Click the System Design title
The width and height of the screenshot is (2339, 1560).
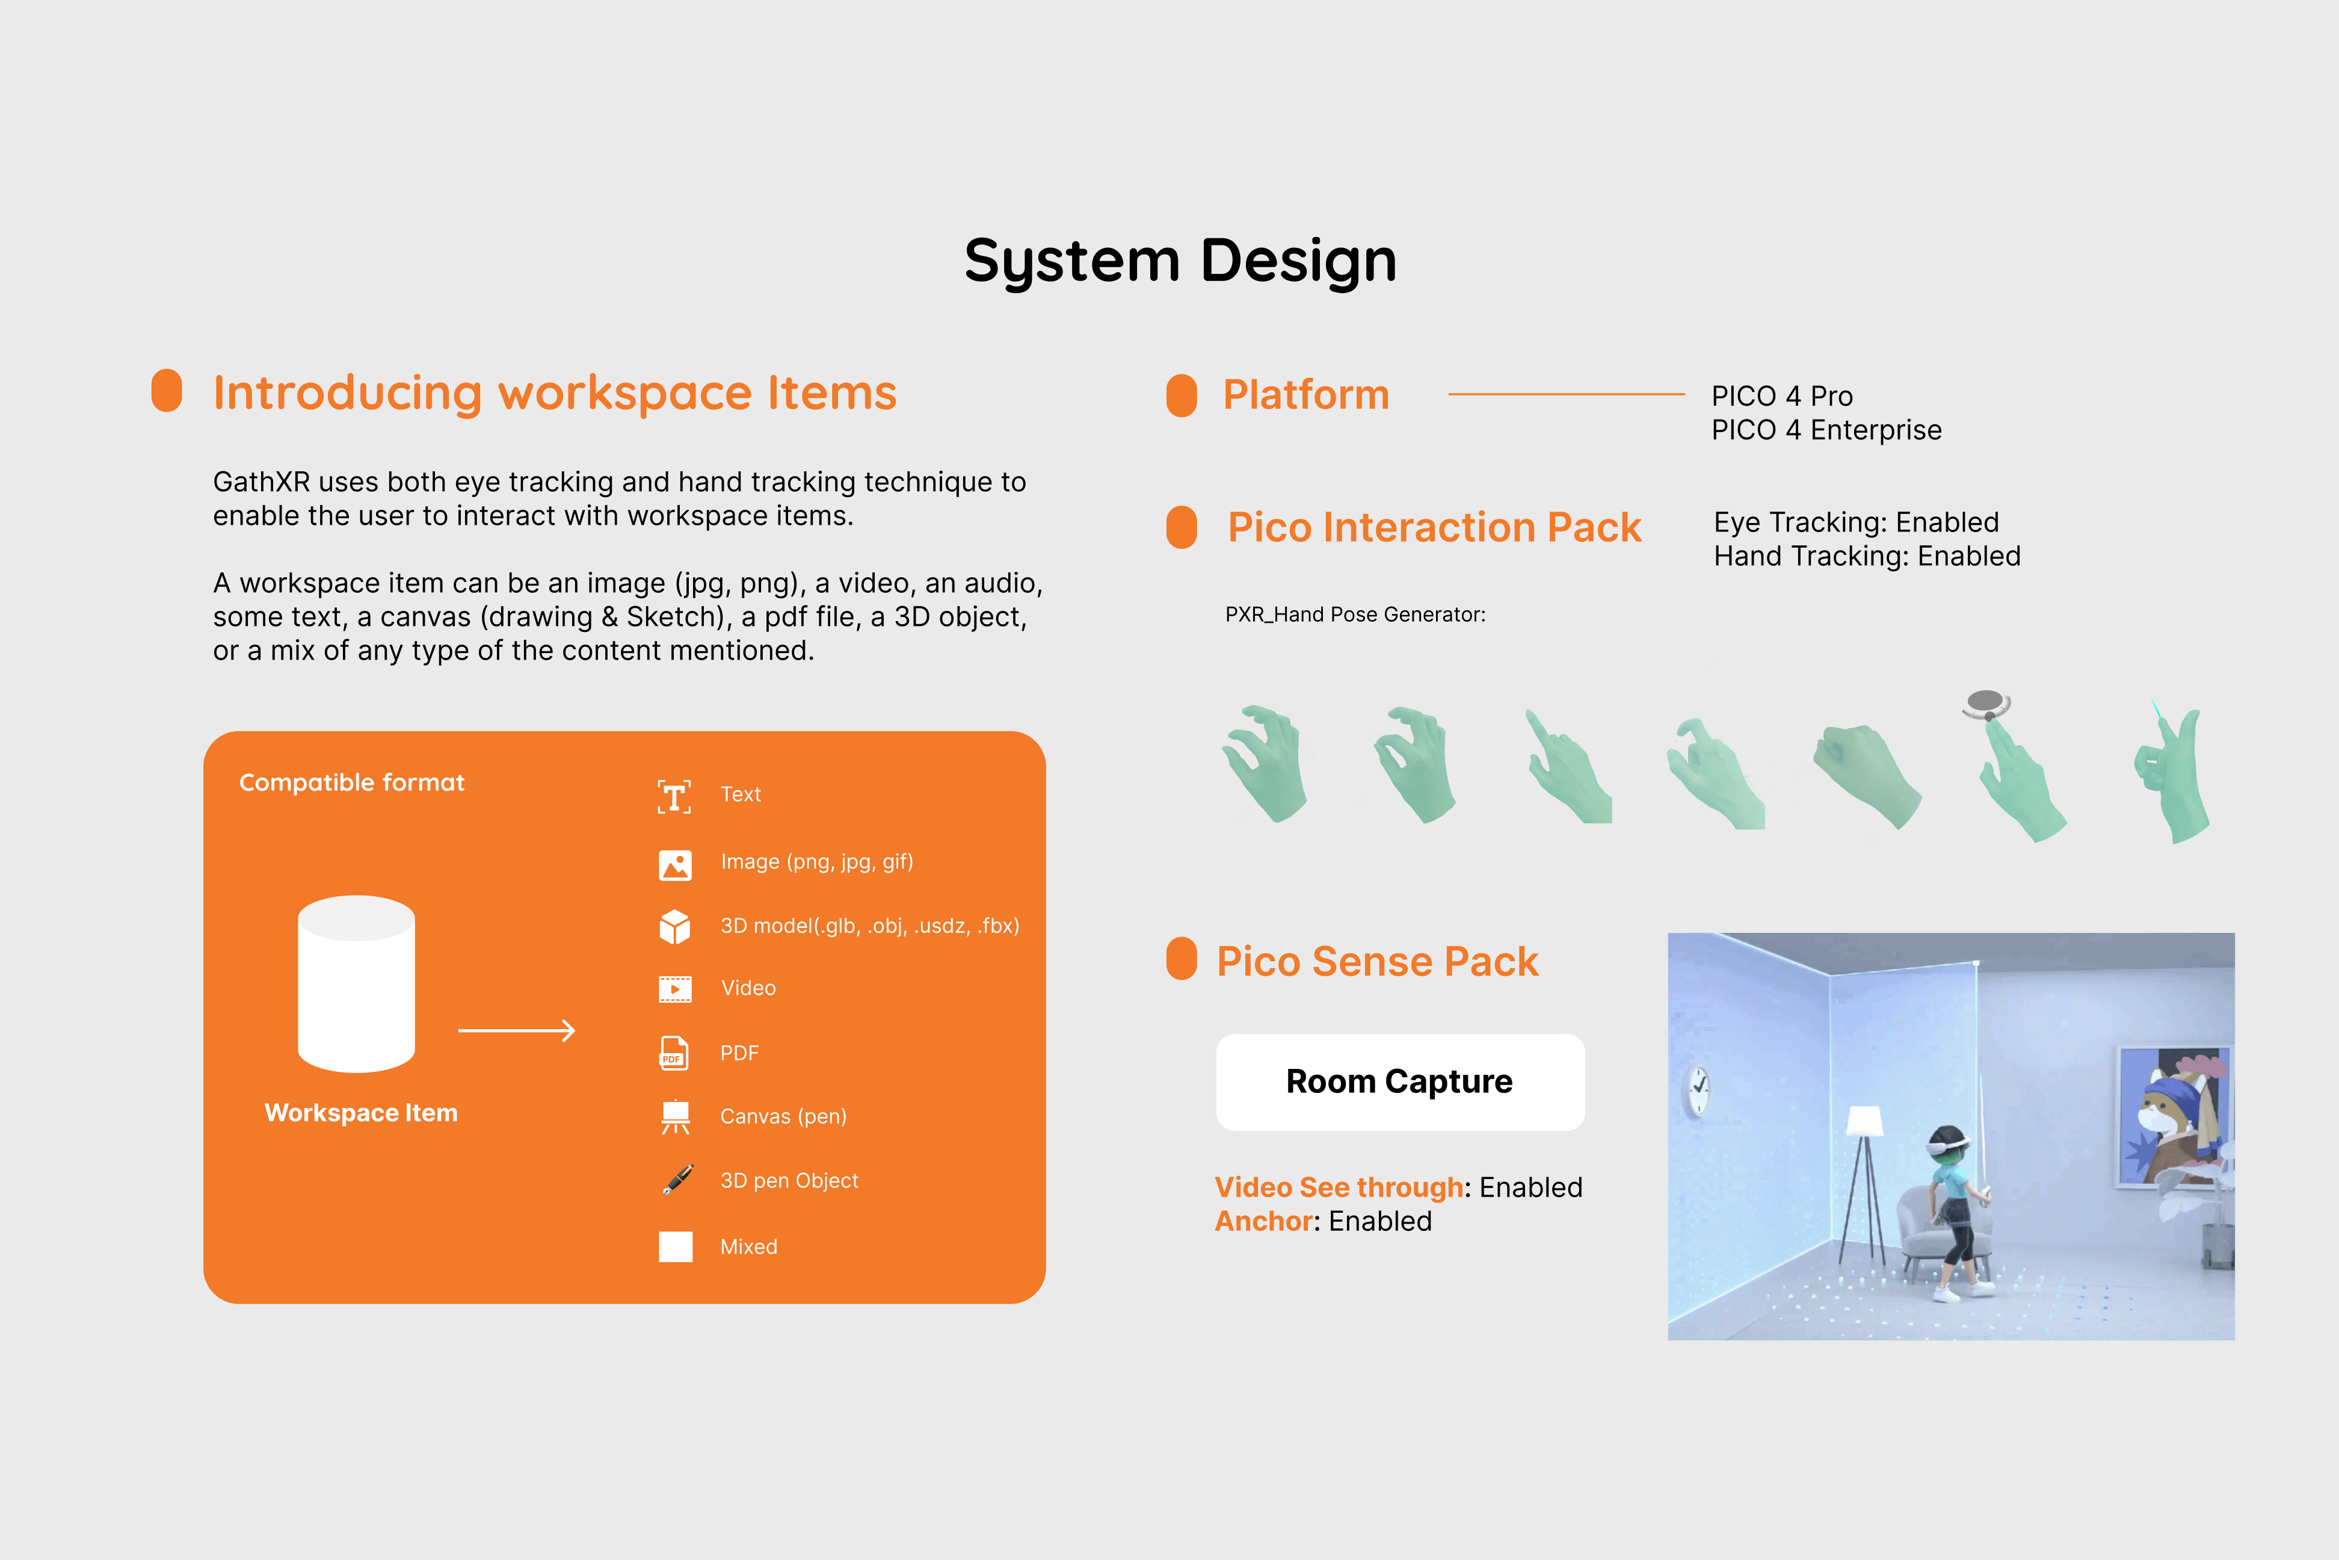[x=1180, y=261]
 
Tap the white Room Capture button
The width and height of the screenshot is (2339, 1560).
[x=1399, y=1082]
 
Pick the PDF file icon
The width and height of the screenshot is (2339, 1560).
[x=674, y=1053]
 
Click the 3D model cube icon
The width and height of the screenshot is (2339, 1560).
[x=674, y=926]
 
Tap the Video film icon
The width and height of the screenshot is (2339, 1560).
[x=674, y=989]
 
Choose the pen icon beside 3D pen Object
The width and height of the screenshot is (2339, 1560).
[x=677, y=1180]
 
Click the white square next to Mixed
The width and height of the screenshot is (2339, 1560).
[x=675, y=1246]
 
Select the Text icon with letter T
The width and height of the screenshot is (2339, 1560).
[x=674, y=796]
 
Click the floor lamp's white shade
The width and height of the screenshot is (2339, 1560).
[x=1864, y=1120]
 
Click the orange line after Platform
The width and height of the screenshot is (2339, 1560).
[x=1567, y=395]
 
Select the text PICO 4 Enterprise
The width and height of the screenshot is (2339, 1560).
[x=1826, y=430]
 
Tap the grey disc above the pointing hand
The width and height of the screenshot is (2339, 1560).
[x=1985, y=701]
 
